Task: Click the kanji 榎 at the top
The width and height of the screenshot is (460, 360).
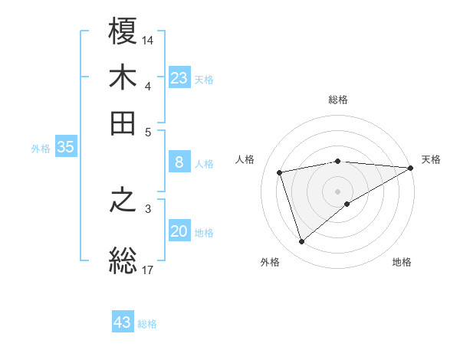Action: (123, 33)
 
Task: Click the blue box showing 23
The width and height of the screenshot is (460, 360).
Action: (179, 78)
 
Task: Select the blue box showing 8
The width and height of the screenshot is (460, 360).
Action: (179, 162)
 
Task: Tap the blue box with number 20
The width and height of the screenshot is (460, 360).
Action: (179, 232)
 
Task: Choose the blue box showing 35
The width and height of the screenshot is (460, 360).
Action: (65, 148)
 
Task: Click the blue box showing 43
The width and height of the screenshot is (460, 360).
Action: (123, 322)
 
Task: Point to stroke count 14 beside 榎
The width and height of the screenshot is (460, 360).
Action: (148, 39)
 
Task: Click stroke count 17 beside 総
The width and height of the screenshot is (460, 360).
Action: (148, 270)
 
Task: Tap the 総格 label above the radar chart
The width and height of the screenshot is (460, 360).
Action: (338, 100)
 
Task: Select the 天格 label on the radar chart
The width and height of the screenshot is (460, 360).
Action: (431, 159)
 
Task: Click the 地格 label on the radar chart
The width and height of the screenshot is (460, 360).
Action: (402, 263)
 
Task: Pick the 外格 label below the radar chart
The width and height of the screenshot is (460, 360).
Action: (270, 263)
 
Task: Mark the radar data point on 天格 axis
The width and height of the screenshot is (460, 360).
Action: (410, 168)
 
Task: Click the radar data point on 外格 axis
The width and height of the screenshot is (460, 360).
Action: (301, 242)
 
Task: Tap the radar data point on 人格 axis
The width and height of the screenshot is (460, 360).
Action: (280, 172)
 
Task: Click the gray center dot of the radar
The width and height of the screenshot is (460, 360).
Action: (338, 191)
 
